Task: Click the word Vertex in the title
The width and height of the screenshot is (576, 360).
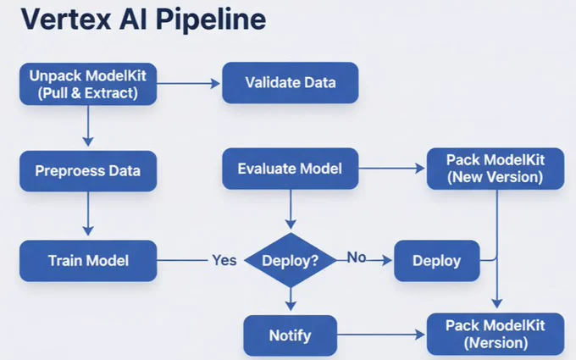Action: (x=66, y=19)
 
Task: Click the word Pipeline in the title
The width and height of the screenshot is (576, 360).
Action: (x=211, y=20)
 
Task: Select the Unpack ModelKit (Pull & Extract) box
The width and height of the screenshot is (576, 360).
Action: (x=88, y=84)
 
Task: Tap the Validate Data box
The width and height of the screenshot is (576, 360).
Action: (x=291, y=83)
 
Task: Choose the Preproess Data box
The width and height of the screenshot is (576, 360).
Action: (x=88, y=171)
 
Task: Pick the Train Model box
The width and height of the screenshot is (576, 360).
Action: (x=88, y=261)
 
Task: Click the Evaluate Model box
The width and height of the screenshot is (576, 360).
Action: (x=291, y=169)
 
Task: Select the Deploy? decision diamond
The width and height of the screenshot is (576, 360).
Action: (x=291, y=260)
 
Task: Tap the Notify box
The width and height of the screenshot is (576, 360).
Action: (x=291, y=335)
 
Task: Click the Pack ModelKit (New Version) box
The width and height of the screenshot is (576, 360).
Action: (x=496, y=169)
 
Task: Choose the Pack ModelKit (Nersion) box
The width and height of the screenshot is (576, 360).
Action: (x=496, y=334)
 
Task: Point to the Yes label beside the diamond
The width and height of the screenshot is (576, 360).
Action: (x=224, y=260)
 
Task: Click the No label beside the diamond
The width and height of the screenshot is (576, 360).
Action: (x=357, y=258)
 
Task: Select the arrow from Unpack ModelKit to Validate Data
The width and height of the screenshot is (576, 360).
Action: (x=188, y=84)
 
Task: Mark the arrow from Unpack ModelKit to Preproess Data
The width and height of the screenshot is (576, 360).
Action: (x=88, y=126)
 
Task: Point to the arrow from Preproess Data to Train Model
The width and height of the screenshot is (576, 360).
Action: (x=88, y=213)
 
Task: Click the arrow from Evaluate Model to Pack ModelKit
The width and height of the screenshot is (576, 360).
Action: (x=392, y=169)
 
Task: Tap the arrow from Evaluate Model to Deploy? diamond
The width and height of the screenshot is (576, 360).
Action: (x=291, y=209)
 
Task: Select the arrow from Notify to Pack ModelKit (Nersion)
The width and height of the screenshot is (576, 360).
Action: (x=381, y=335)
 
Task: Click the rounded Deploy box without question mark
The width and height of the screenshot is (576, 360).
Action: (x=437, y=261)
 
